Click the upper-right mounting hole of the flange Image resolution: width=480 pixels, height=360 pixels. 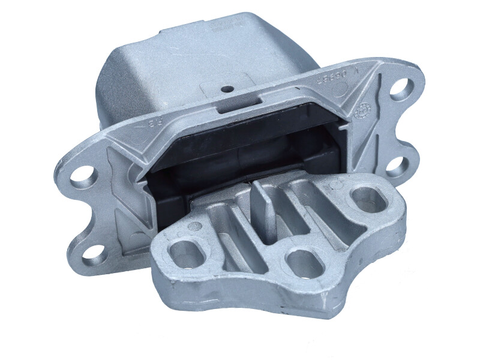coord(401,87)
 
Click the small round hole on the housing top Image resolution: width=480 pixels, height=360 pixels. coord(227,89)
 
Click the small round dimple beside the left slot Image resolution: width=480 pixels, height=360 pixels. coord(195,227)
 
